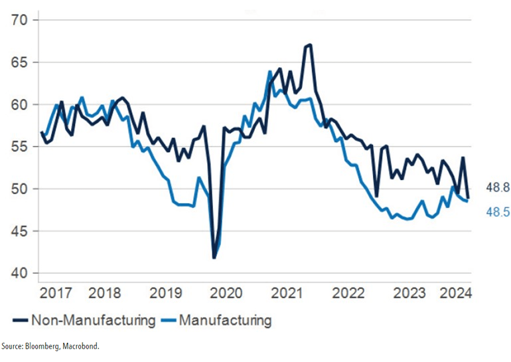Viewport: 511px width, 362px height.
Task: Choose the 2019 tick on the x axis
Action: (x=166, y=292)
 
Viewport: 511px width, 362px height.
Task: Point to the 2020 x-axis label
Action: (x=226, y=292)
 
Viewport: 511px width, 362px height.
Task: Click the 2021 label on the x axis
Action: (x=287, y=292)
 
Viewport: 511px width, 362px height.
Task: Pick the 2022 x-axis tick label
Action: (x=348, y=292)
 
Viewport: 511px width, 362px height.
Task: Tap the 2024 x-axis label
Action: (x=457, y=292)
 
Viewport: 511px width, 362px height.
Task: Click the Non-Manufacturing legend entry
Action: (x=93, y=321)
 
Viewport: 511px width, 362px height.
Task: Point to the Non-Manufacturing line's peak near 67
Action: (x=309, y=45)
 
